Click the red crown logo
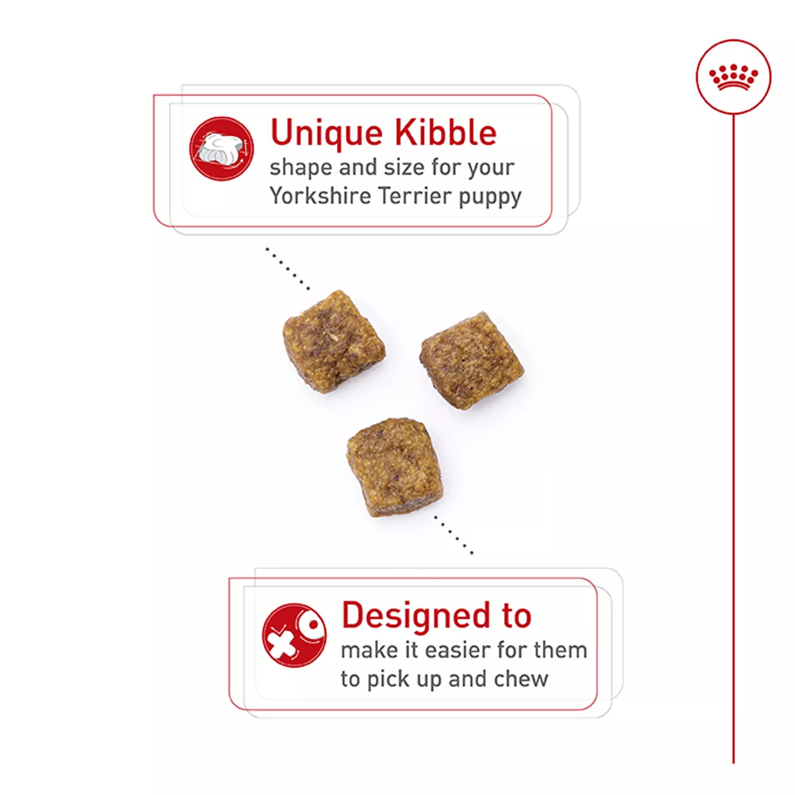[733, 77]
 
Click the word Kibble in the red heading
[446, 132]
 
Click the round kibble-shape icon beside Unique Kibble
[221, 149]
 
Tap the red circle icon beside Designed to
[294, 635]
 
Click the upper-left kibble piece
[334, 341]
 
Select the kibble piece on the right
[471, 361]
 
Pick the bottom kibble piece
[395, 467]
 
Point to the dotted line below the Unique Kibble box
[288, 269]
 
